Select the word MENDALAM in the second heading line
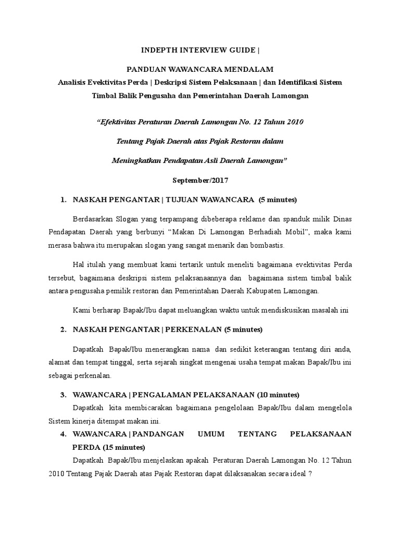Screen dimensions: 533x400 point(251,69)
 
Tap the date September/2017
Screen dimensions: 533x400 point(200,180)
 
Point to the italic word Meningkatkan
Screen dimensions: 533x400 point(136,160)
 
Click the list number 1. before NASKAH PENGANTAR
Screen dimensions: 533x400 point(64,199)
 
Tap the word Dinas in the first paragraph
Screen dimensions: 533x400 point(341,219)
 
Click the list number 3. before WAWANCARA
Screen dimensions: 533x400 point(64,394)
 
